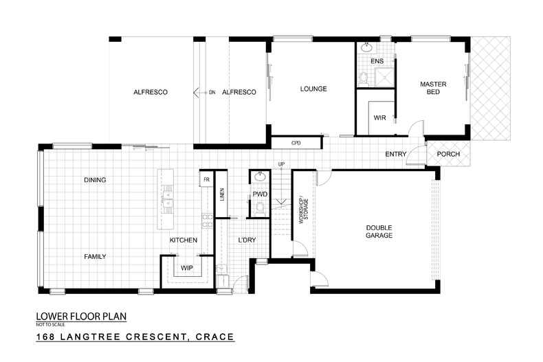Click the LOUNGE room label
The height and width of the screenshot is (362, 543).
(313, 89)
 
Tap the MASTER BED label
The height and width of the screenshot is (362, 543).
(433, 88)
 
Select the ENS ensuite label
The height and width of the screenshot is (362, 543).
(377, 61)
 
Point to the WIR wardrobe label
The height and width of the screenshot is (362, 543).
(379, 117)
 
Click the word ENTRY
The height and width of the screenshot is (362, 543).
(395, 154)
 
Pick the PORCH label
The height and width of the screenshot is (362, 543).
(447, 154)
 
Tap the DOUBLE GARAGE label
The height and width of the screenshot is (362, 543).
(379, 231)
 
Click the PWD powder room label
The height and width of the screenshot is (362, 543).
(260, 194)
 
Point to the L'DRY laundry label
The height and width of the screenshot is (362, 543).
(247, 240)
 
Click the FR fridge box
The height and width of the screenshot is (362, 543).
(206, 180)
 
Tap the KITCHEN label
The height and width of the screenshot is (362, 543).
(184, 240)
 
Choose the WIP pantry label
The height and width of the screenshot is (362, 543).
(186, 268)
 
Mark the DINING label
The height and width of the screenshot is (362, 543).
(95, 180)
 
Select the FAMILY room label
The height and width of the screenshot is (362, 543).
(95, 256)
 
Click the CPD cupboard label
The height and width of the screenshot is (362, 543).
(296, 143)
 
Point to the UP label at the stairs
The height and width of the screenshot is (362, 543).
(280, 163)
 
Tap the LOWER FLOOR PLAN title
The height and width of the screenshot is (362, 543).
(81, 317)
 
